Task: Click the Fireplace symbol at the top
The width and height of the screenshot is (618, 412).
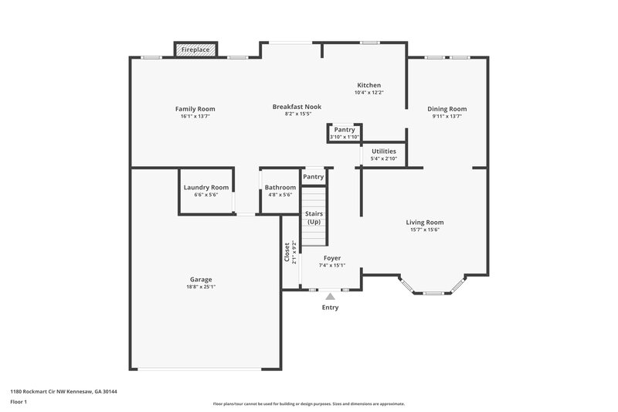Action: tap(195, 49)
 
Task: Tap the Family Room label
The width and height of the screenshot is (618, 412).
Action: tap(195, 109)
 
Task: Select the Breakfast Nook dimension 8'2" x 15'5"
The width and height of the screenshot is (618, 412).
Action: tap(297, 114)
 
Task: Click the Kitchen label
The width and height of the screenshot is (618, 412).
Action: tap(368, 85)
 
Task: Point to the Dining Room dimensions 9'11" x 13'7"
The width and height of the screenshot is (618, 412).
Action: tap(447, 117)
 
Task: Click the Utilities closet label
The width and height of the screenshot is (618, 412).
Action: tap(384, 152)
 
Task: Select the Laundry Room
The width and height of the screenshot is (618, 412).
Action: tap(205, 187)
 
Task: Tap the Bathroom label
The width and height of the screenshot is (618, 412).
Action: tap(280, 187)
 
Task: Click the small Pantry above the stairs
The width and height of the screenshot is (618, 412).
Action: tap(314, 177)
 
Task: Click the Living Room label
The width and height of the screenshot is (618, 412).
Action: tap(425, 223)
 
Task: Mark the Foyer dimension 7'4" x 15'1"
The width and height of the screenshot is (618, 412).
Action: tap(331, 265)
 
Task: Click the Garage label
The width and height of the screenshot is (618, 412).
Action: tap(201, 279)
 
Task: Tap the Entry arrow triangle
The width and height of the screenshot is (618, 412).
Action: tap(330, 295)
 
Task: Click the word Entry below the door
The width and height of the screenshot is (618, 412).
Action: tap(330, 308)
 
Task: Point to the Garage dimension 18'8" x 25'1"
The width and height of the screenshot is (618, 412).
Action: tap(201, 287)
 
